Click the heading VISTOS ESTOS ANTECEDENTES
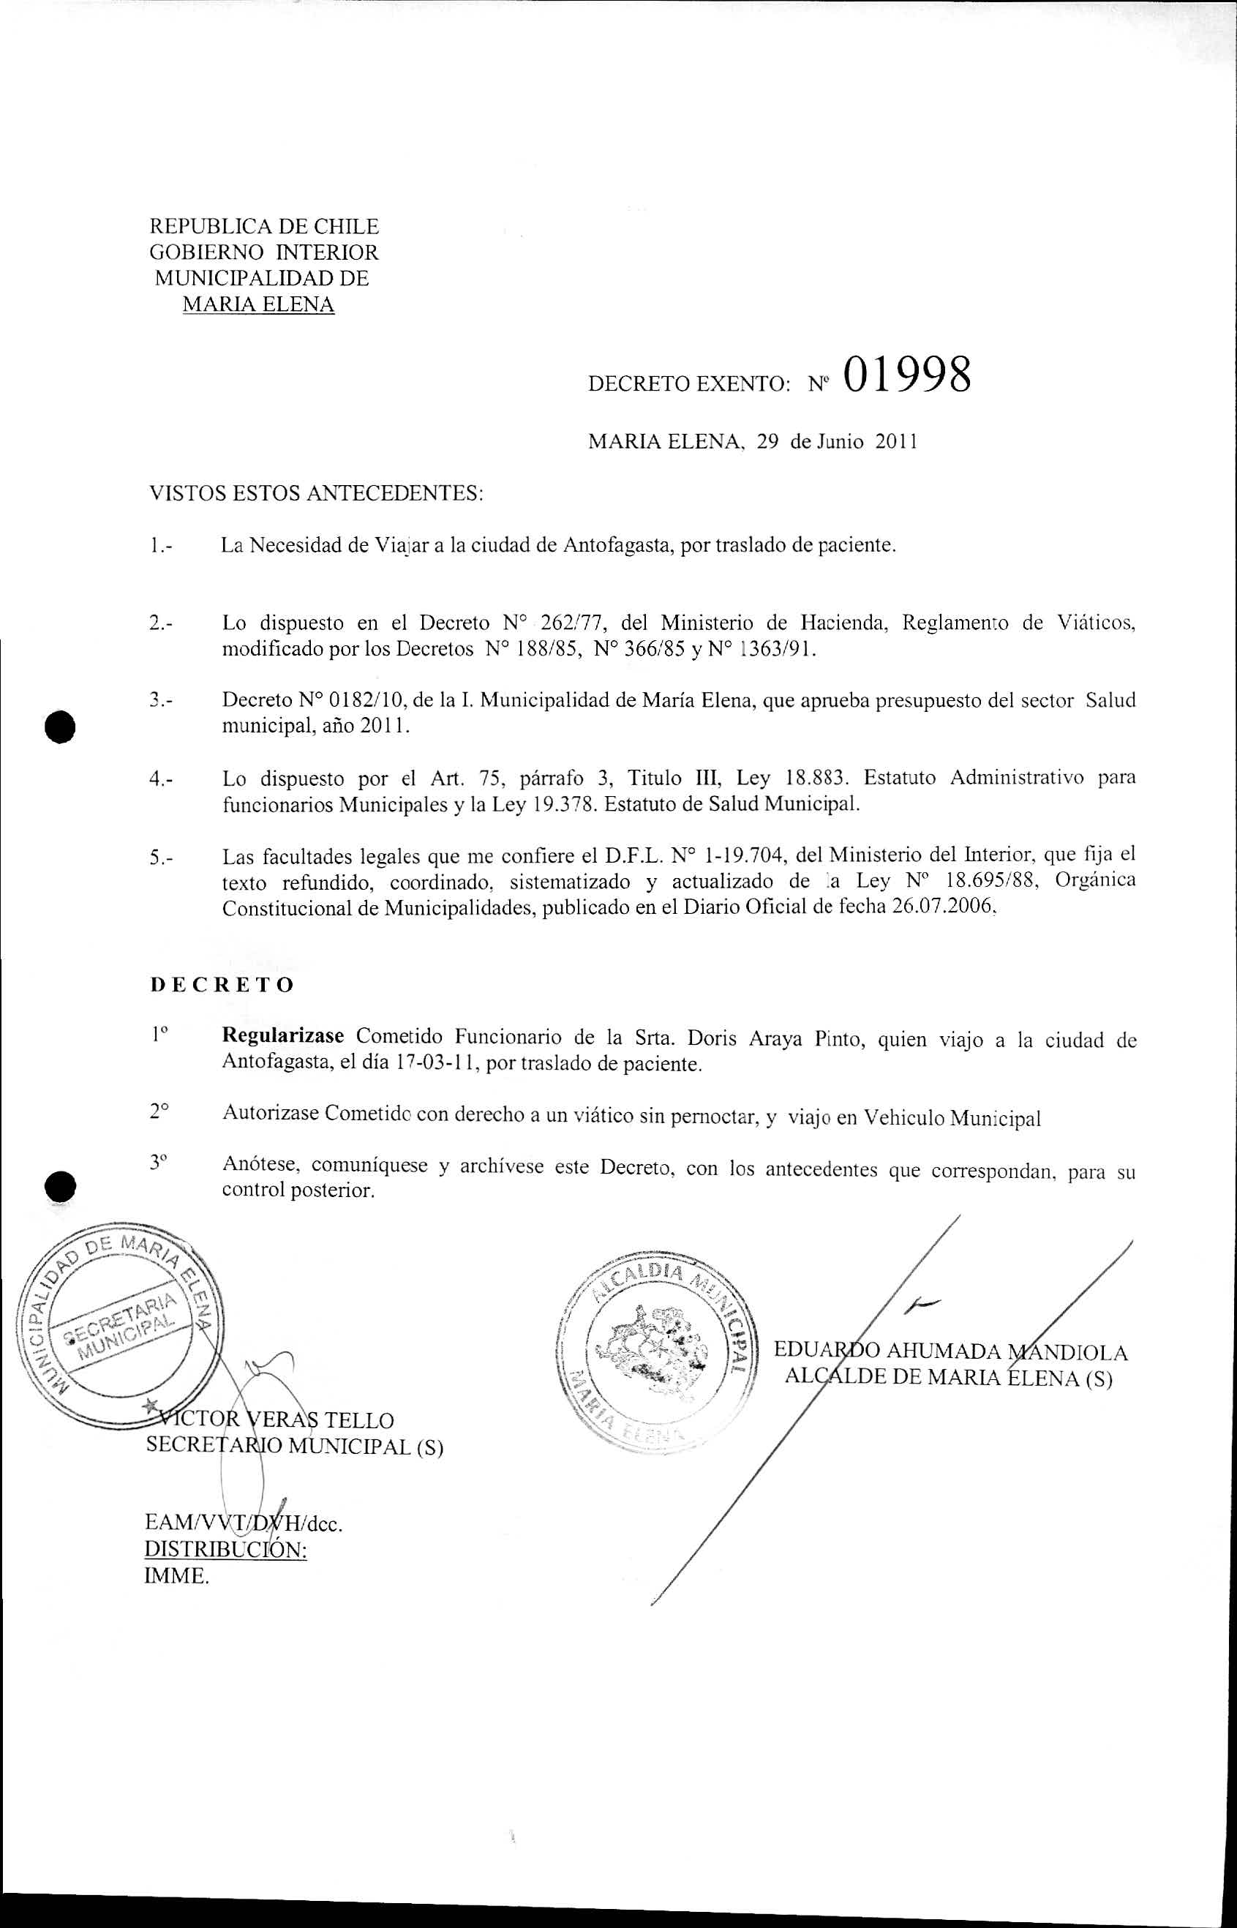tap(317, 492)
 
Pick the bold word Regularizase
tap(283, 1035)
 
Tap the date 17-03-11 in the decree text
tap(437, 1065)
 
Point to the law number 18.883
tap(816, 778)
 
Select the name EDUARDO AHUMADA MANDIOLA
tap(950, 1352)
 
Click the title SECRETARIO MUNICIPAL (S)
tap(294, 1446)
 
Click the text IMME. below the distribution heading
tap(176, 1575)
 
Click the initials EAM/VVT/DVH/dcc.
tap(243, 1523)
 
